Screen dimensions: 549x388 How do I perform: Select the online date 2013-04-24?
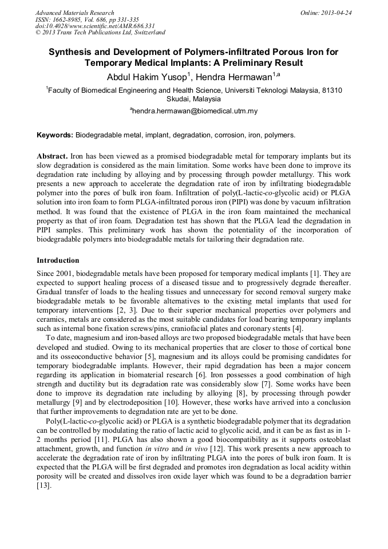point(337,13)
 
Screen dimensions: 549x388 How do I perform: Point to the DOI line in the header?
point(95,26)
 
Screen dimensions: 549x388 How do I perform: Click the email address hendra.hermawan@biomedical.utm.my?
point(195,111)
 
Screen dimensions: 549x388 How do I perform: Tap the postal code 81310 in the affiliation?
point(332,90)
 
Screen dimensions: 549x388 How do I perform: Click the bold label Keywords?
point(55,135)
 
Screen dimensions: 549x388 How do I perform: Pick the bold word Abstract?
point(53,156)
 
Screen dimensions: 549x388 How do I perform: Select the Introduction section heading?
point(58,260)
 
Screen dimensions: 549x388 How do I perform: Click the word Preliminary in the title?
point(248,62)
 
